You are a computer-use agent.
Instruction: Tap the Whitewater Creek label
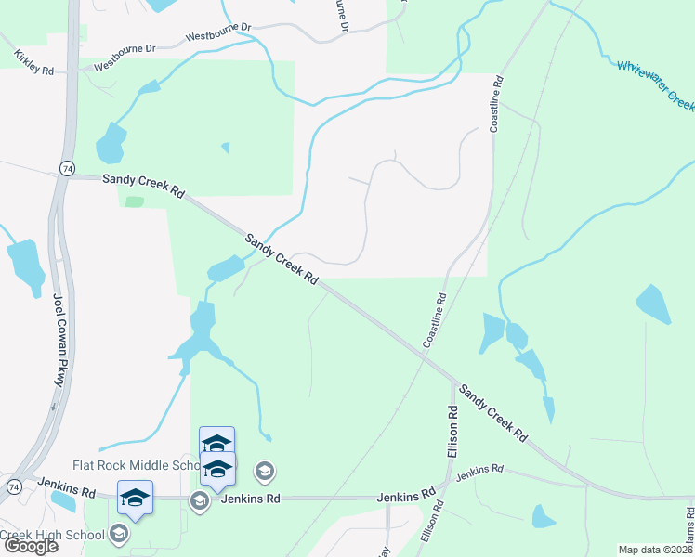(x=656, y=83)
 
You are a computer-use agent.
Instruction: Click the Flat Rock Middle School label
(x=136, y=465)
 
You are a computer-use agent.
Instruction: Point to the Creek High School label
(x=52, y=534)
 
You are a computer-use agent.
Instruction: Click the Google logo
(x=30, y=546)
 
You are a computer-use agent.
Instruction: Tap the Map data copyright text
(x=656, y=550)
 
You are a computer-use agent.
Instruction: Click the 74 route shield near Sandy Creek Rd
(x=65, y=168)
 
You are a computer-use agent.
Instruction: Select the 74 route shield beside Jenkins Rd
(x=14, y=486)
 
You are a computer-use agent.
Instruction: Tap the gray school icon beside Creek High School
(x=119, y=533)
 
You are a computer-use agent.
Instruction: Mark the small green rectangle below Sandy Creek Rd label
(x=135, y=201)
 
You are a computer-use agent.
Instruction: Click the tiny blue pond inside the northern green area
(x=224, y=148)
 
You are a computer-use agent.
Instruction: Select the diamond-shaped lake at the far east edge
(x=653, y=304)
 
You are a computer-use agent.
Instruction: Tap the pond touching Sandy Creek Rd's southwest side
(x=226, y=269)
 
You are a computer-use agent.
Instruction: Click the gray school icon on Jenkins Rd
(x=199, y=501)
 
